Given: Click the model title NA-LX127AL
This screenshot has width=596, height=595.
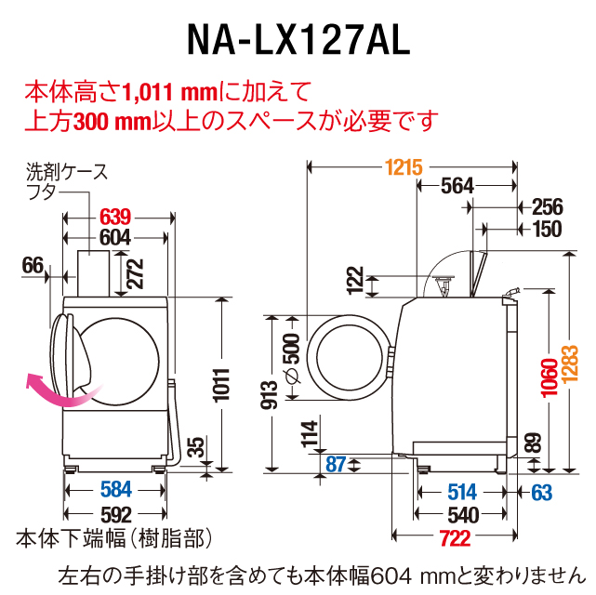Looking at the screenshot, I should click(x=298, y=39).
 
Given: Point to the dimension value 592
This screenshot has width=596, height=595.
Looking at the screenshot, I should click(x=114, y=514).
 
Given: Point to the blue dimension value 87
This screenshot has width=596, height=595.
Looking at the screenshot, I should click(x=335, y=463).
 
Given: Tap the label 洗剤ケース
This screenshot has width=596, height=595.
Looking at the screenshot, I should click(x=66, y=172).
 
